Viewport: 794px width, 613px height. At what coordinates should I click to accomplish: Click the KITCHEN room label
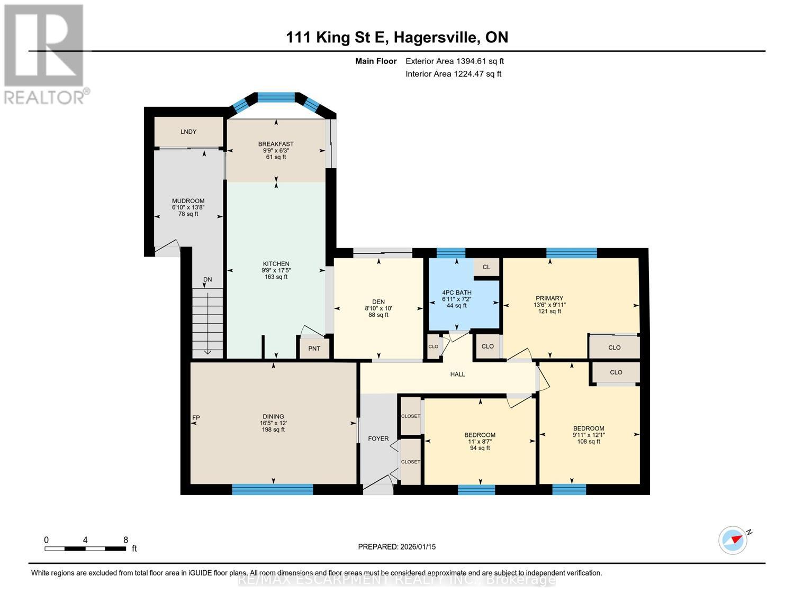[x=276, y=264]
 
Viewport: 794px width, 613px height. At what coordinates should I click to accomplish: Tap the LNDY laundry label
[x=188, y=132]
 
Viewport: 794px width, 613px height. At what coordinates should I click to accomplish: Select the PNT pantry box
[x=314, y=349]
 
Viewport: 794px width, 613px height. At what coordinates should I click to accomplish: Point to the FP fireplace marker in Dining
[x=196, y=418]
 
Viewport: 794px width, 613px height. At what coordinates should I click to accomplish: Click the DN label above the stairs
[x=207, y=280]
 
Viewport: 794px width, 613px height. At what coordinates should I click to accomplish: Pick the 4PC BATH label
[x=457, y=292]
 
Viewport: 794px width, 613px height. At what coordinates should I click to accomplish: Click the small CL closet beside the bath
[x=486, y=267]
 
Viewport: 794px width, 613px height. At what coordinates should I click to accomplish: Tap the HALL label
[x=457, y=374]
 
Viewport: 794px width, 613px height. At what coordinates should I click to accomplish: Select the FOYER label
[x=378, y=438]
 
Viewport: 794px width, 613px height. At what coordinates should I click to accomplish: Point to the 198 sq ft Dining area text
[x=274, y=429]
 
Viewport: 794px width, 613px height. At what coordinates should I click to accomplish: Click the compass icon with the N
[x=733, y=540]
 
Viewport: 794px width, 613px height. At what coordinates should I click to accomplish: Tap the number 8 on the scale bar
[x=125, y=540]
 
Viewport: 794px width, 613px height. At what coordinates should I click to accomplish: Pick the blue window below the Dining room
[x=273, y=489]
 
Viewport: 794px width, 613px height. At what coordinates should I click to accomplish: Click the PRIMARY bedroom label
[x=549, y=298]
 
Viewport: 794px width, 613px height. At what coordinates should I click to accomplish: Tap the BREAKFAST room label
[x=276, y=144]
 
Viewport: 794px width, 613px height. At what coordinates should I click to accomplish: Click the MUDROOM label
[x=188, y=201]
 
